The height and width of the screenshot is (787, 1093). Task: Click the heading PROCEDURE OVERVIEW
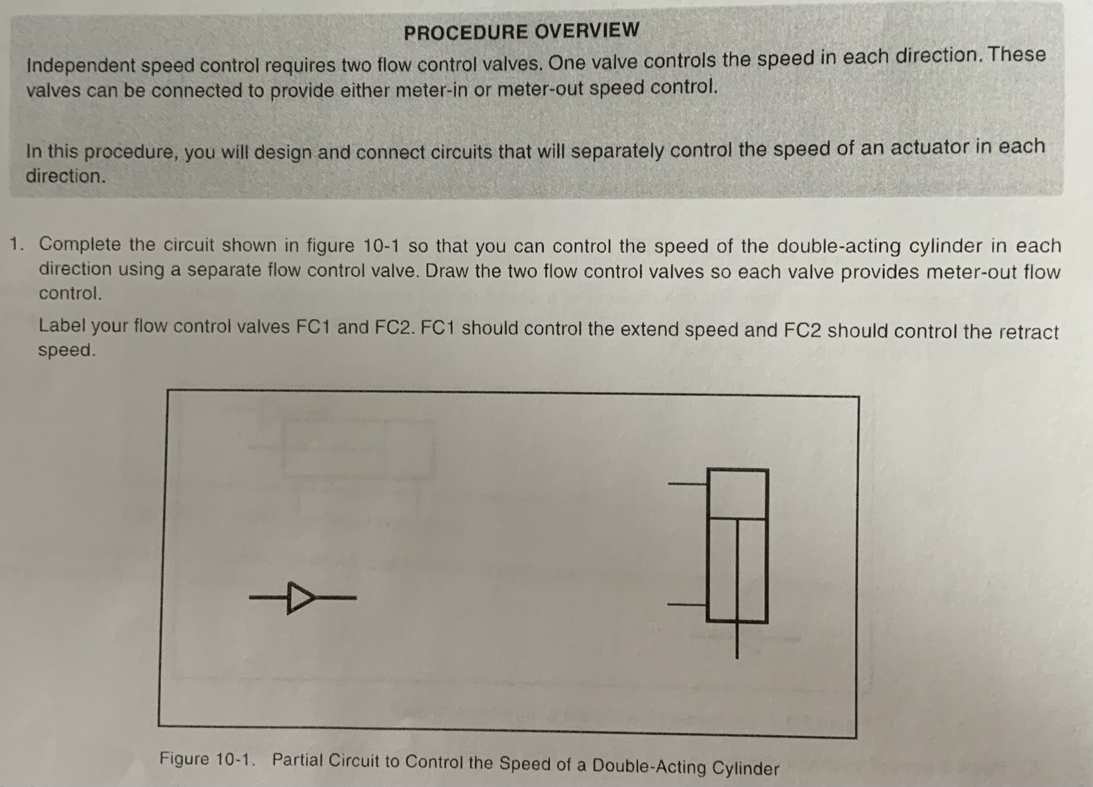tap(521, 31)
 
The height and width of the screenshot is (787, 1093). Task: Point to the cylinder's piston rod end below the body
tap(737, 644)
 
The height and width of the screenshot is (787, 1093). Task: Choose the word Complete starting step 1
tap(80, 244)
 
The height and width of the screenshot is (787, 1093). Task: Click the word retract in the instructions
tap(1028, 332)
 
